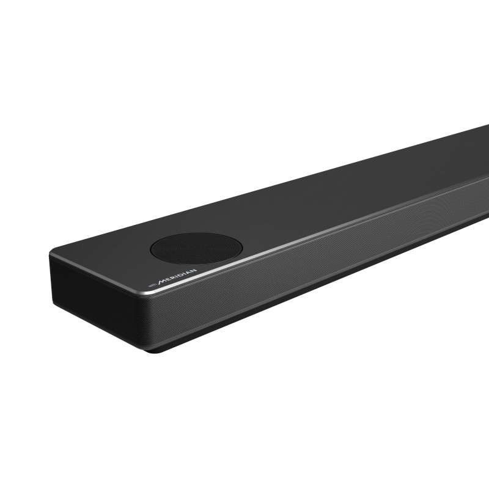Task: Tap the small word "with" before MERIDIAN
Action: (152, 285)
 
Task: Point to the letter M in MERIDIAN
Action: (163, 281)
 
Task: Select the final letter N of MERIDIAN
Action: (193, 270)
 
